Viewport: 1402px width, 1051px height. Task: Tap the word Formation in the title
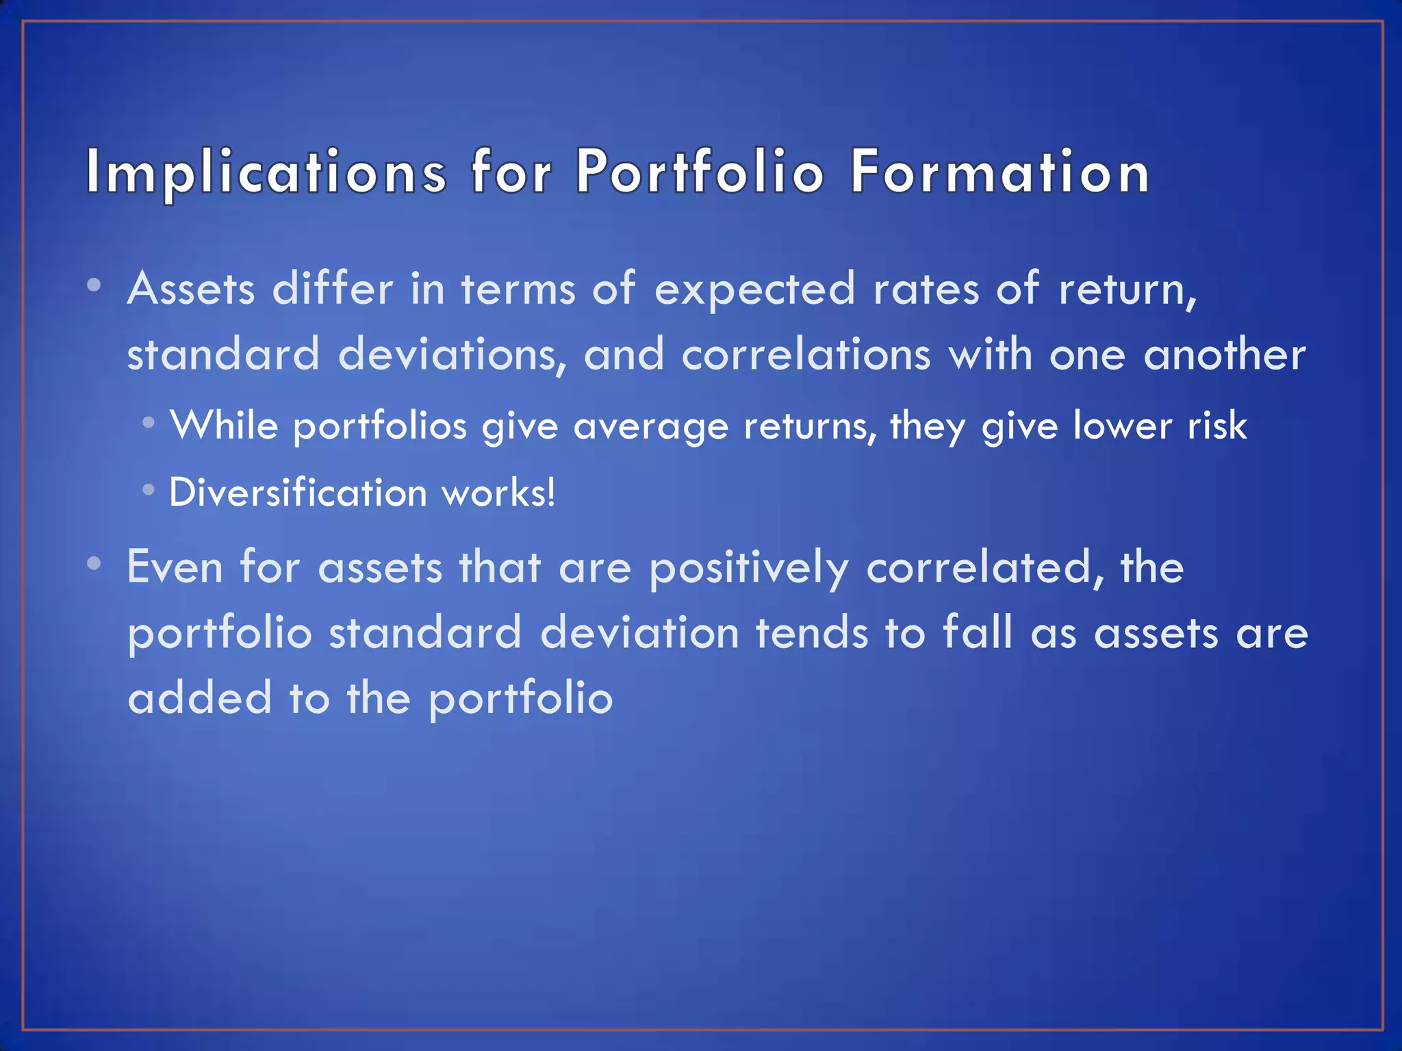(999, 172)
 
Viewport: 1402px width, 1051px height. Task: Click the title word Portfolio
(700, 172)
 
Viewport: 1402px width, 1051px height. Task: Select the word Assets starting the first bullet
(191, 289)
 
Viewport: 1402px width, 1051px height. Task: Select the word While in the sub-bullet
(224, 426)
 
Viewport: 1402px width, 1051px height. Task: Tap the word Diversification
(298, 493)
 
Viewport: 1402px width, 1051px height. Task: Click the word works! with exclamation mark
(498, 493)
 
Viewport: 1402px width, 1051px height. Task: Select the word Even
(175, 568)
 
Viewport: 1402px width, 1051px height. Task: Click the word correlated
(984, 568)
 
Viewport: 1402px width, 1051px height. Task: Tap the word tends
(812, 633)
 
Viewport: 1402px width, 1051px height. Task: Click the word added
(200, 698)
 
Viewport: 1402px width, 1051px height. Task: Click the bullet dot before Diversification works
(149, 490)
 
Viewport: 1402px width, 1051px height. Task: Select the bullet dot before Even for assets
(94, 564)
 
